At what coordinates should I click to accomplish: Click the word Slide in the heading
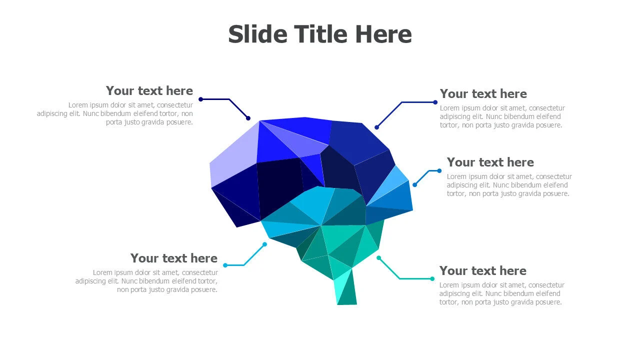[257, 34]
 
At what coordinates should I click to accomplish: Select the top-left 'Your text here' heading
[149, 91]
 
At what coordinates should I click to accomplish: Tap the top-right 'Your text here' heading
[483, 94]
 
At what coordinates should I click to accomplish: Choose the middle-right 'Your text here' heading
[490, 162]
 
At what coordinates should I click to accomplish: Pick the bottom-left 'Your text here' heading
[173, 258]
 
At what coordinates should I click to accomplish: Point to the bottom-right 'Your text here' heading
[482, 271]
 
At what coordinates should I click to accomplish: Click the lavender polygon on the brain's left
[234, 155]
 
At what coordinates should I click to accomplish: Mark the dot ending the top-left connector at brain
[248, 118]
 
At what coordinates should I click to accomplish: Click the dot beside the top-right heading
[435, 102]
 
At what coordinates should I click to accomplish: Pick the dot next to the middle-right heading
[439, 171]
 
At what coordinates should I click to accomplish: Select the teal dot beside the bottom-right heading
[432, 278]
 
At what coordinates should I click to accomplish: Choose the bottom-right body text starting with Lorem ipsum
[502, 293]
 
